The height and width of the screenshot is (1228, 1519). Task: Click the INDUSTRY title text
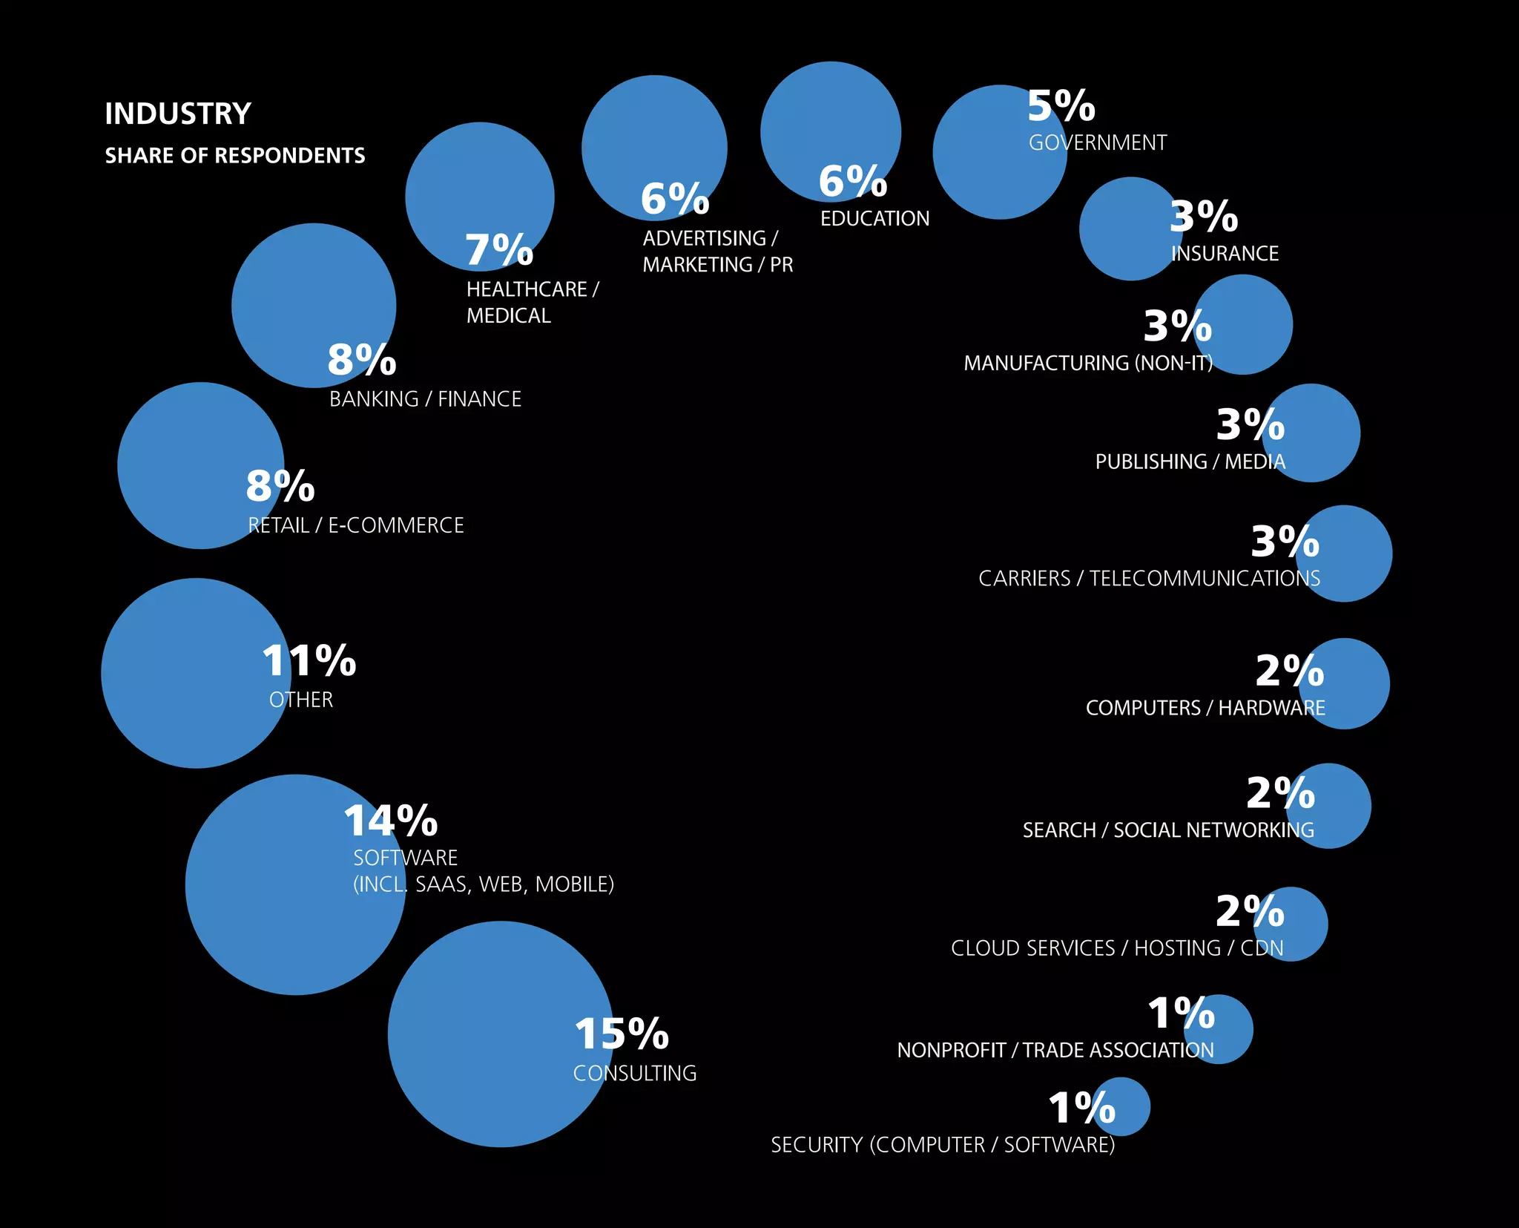tap(178, 114)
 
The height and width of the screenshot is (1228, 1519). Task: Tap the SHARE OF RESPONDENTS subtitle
tap(234, 155)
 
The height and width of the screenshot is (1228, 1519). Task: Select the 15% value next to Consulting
tap(622, 1034)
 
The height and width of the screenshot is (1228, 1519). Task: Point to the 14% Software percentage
tap(391, 821)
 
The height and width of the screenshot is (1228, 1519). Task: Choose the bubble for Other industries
tap(185, 683)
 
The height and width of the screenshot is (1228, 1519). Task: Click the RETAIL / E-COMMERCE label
tap(356, 525)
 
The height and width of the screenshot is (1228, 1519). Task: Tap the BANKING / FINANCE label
tap(425, 399)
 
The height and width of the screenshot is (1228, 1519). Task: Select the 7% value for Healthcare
tap(499, 249)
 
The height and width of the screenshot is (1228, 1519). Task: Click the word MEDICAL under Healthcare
tap(509, 316)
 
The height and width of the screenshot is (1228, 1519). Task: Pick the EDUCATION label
tap(874, 218)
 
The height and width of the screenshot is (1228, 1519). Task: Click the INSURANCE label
tap(1225, 254)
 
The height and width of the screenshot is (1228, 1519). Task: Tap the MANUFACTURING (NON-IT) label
tap(1088, 363)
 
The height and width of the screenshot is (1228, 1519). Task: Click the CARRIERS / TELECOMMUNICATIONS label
tap(1149, 578)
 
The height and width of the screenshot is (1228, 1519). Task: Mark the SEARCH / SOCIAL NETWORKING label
tap(1168, 830)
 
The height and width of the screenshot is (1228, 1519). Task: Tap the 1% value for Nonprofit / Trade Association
tap(1182, 1014)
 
